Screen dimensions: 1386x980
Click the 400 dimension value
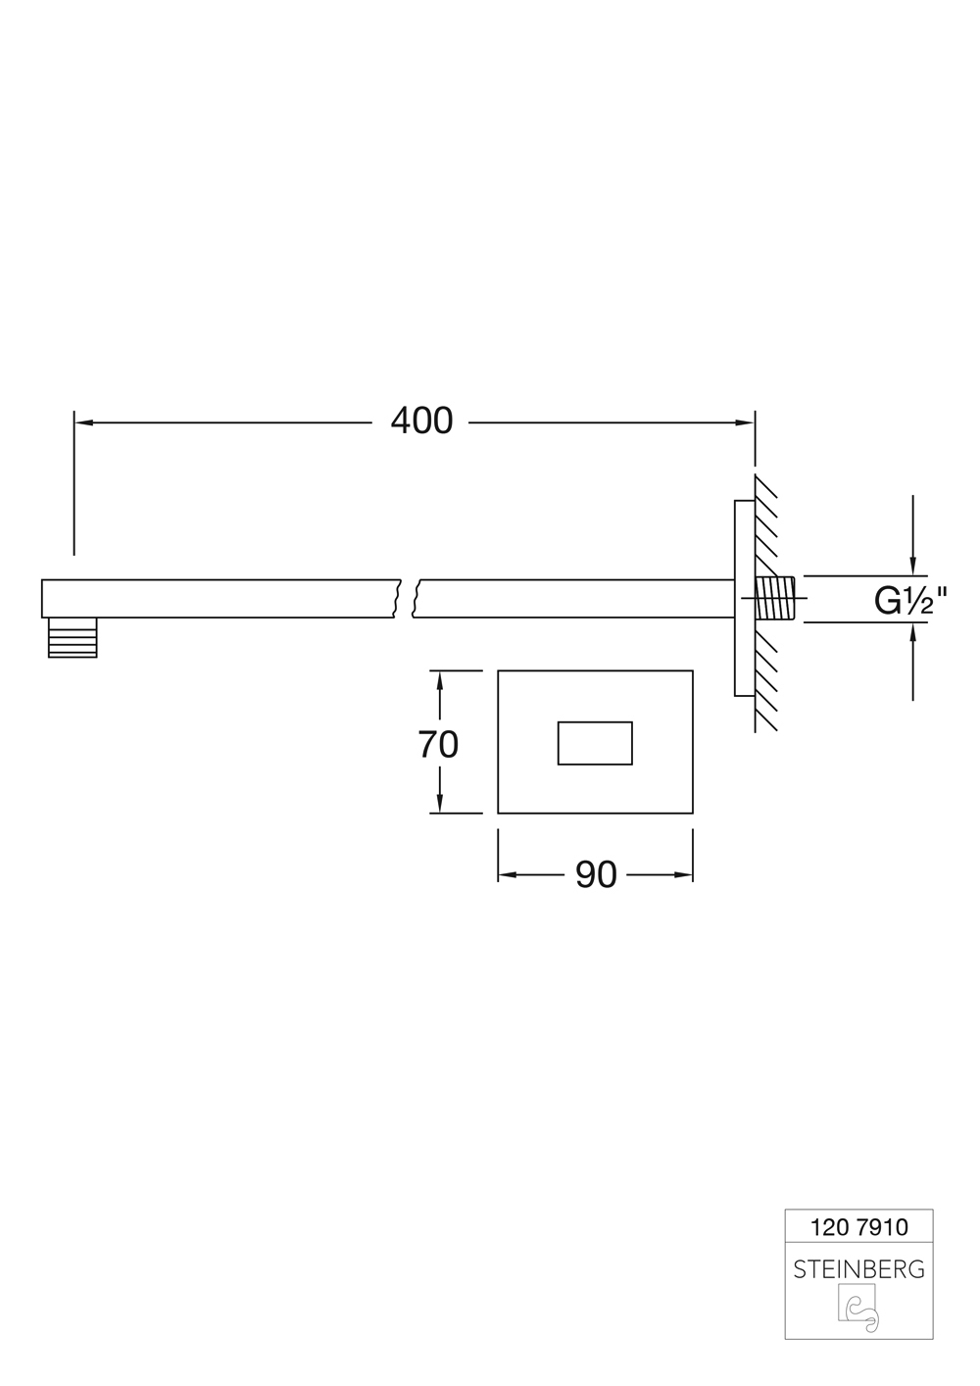(421, 421)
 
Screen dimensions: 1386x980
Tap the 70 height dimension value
(438, 745)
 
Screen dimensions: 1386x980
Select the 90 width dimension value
(595, 875)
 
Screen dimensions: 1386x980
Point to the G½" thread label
(910, 600)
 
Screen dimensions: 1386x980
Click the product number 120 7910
(859, 1227)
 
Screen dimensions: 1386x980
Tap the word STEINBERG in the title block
(858, 1270)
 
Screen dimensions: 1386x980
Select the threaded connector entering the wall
(779, 599)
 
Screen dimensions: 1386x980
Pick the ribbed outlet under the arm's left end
(73, 637)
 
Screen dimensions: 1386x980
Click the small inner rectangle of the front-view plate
(595, 742)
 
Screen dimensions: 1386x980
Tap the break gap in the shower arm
(408, 598)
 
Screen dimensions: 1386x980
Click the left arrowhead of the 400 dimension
(83, 422)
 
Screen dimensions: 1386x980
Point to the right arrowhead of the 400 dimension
(746, 422)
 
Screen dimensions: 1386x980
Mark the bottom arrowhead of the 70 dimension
(440, 805)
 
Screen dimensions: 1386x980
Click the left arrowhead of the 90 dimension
(508, 875)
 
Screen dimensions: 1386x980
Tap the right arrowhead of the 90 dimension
(683, 875)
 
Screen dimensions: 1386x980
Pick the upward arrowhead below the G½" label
(913, 632)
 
